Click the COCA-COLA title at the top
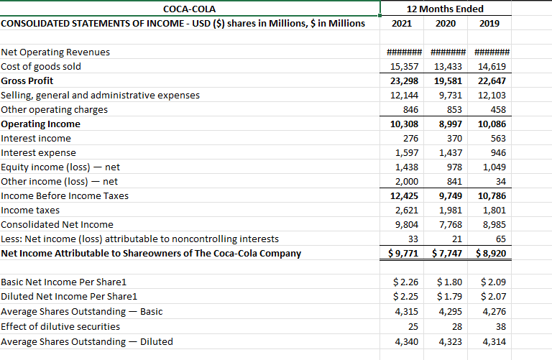tap(190, 9)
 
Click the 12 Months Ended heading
tap(445, 9)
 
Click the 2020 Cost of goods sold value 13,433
tap(448, 66)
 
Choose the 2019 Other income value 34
tap(500, 181)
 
